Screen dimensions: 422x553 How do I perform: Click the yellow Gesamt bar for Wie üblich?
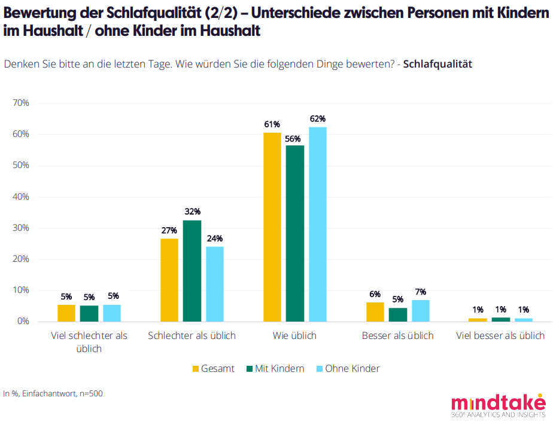coord(272,227)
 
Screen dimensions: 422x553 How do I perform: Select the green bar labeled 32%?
coord(192,271)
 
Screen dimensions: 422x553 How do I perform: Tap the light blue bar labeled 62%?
coord(318,224)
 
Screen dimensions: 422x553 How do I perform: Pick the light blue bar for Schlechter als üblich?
coord(215,284)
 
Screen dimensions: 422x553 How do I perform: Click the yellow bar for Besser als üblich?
coord(375,312)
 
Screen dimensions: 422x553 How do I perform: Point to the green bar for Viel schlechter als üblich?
coord(89,314)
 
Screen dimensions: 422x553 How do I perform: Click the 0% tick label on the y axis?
coord(23,322)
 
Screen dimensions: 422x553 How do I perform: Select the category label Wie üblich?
coord(294,336)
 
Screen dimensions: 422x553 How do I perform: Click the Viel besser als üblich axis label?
coord(500,336)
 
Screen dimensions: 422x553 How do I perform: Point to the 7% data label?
coord(421,292)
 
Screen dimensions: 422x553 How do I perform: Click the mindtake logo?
coord(498,405)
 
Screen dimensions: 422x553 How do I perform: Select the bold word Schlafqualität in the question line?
coord(437,65)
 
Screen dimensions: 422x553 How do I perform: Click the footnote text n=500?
coord(90,393)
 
